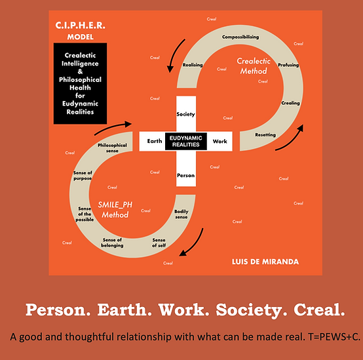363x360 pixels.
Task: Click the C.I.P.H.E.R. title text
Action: [x=80, y=26]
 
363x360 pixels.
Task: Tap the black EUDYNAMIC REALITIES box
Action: [x=186, y=142]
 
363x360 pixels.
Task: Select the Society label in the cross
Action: [x=185, y=114]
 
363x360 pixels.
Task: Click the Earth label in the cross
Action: [x=155, y=141]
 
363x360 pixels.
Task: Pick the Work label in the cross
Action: [x=220, y=141]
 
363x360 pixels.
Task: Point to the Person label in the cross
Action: [x=185, y=175]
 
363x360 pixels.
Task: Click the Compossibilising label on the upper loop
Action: [x=240, y=37]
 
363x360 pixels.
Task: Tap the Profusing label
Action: [x=288, y=65]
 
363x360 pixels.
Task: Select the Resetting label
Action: [x=265, y=134]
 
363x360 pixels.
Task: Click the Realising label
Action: [x=193, y=65]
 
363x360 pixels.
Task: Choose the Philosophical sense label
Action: [x=112, y=148]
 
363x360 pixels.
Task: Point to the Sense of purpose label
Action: [x=83, y=176]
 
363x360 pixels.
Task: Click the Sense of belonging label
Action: [x=112, y=243]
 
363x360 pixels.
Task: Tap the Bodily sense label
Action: [x=181, y=214]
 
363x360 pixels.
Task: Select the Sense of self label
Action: [x=159, y=243]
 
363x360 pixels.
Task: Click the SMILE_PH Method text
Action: [x=115, y=210]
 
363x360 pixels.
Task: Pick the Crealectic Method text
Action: [x=254, y=66]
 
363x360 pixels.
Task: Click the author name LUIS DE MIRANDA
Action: [x=265, y=262]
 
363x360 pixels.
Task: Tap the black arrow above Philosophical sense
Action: [x=113, y=127]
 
